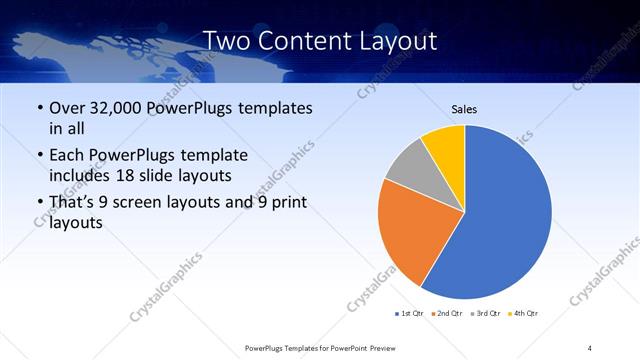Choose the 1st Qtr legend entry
(410, 314)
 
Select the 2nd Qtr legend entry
(447, 314)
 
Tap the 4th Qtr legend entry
(522, 314)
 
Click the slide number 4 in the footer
(590, 347)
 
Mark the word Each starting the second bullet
(68, 155)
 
